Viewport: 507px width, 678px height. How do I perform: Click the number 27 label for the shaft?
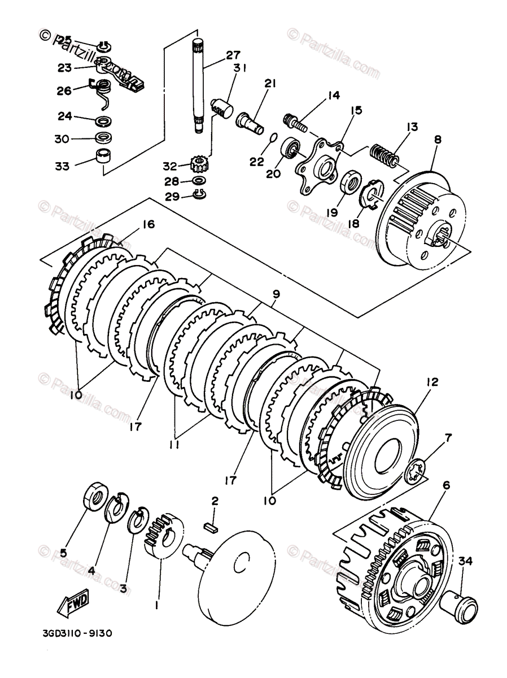tap(233, 55)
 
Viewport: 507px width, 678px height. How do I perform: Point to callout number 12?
tap(432, 382)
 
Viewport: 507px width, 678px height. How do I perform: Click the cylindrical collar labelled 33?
tap(103, 156)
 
